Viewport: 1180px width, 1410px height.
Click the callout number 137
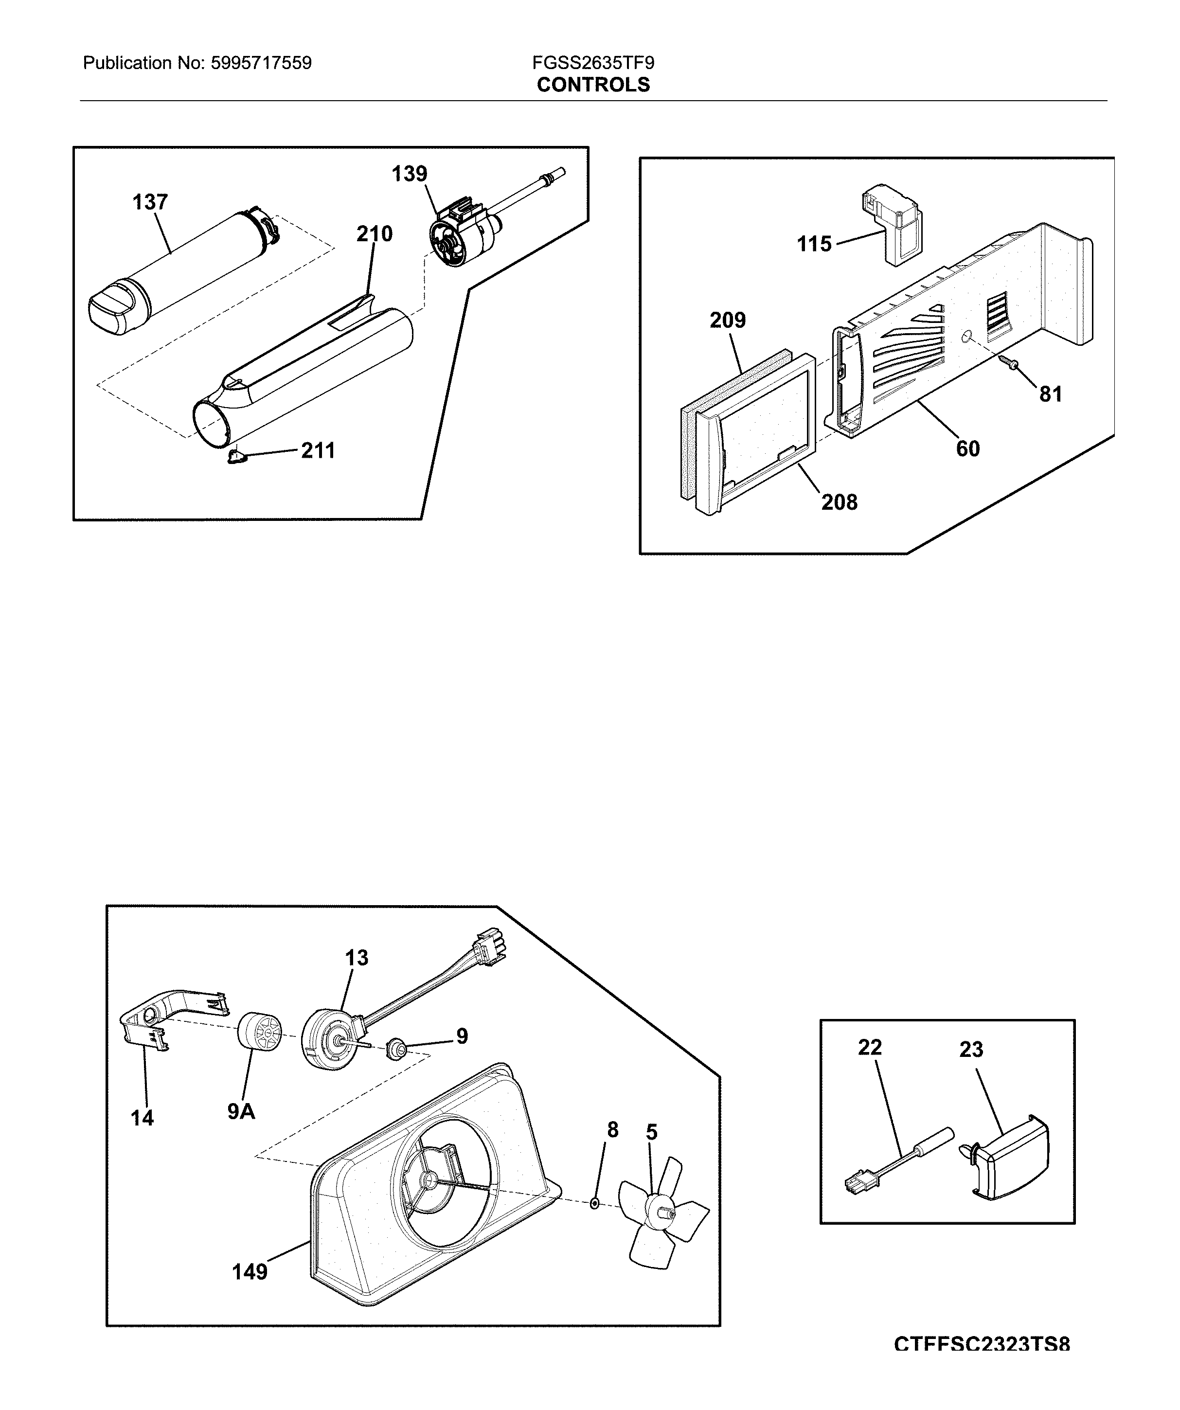point(150,202)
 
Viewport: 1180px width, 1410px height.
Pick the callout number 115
point(814,244)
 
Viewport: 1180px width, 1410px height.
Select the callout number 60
point(968,448)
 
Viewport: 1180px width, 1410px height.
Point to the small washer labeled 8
point(594,1203)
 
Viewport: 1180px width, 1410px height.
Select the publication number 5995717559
point(261,64)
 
